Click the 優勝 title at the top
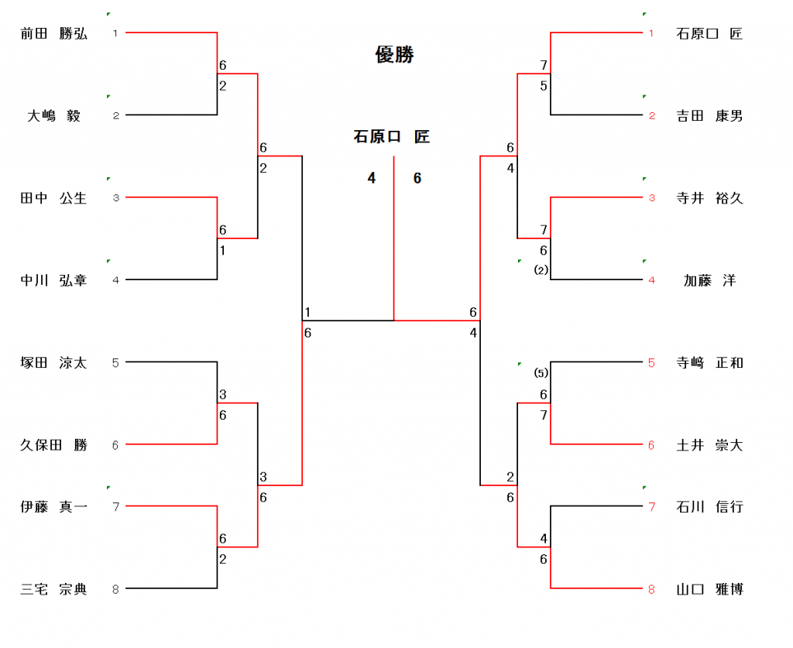[x=394, y=55]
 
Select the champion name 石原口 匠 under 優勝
[x=391, y=137]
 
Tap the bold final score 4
[x=372, y=179]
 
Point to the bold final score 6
[x=417, y=179]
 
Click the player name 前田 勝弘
[x=53, y=33]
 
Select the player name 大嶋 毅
[x=53, y=116]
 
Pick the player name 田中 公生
[x=53, y=198]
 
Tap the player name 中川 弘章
[x=53, y=280]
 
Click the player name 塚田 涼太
[x=53, y=362]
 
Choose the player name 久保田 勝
[x=53, y=445]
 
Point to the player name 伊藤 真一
[x=53, y=507]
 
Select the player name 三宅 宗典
[x=53, y=589]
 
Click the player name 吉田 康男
[x=709, y=116]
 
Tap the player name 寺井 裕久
[x=709, y=198]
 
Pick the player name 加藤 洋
[x=709, y=280]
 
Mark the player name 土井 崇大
[x=709, y=445]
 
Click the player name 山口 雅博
[x=709, y=589]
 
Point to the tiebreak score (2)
[x=541, y=270]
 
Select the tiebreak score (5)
[x=541, y=373]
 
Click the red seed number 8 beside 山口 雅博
[x=651, y=590]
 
